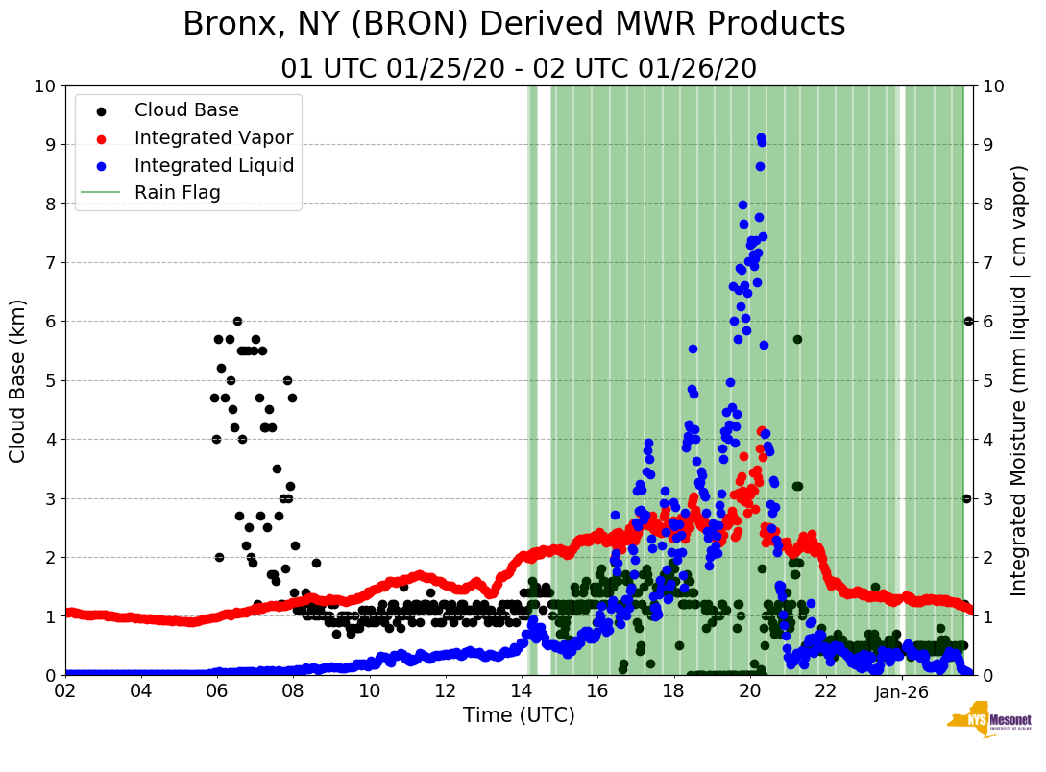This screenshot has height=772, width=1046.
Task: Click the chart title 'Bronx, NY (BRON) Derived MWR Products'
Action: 514,25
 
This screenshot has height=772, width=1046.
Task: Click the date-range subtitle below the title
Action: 519,69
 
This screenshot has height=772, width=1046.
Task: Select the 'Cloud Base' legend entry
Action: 186,110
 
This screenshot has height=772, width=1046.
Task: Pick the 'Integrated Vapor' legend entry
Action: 213,138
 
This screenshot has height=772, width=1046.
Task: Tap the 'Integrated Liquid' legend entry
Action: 214,165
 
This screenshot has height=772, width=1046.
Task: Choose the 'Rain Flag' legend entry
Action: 177,193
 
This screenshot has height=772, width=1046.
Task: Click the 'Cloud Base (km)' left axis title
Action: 18,380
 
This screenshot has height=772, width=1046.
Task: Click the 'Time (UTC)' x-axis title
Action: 519,715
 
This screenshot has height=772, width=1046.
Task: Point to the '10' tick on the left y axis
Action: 44,85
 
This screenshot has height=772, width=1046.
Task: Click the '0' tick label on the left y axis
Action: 50,675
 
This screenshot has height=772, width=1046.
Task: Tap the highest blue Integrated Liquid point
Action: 761,138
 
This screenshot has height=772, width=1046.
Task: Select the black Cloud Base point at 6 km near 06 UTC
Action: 237,321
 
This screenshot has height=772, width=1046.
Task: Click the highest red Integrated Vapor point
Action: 762,431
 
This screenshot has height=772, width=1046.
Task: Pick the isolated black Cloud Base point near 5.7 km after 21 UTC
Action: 797,339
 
